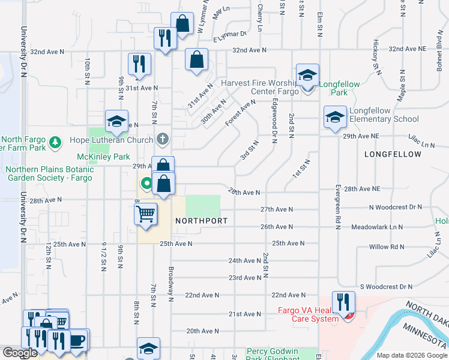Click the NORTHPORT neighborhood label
[x=201, y=221]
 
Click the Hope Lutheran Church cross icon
[x=162, y=140]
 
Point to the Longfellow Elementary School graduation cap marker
[x=334, y=116]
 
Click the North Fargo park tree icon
[x=55, y=142]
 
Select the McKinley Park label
[x=104, y=157]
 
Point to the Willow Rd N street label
[x=387, y=247]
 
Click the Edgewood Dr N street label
[x=274, y=121]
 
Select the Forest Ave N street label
[x=241, y=113]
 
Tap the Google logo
[x=20, y=353]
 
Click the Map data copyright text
[x=412, y=355]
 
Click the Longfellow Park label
[x=339, y=88]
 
